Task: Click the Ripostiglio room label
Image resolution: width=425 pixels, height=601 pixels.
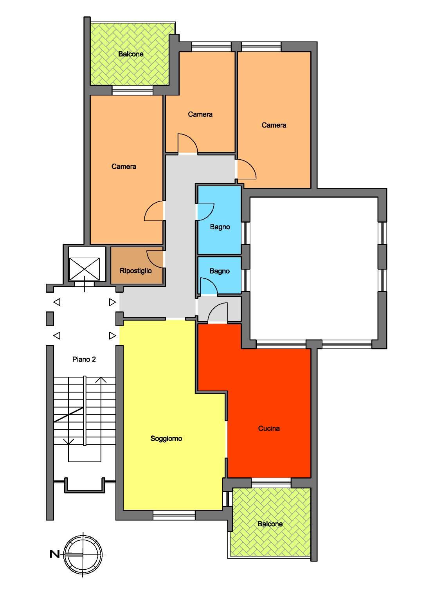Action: (x=135, y=271)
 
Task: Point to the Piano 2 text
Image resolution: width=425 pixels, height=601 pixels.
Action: (x=84, y=359)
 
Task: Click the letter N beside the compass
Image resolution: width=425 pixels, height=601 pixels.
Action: (x=54, y=554)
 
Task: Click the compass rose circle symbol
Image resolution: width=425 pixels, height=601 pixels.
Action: (x=83, y=554)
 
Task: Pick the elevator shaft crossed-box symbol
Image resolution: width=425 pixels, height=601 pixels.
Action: (x=84, y=269)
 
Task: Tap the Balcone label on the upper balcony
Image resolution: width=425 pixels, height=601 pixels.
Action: (x=131, y=54)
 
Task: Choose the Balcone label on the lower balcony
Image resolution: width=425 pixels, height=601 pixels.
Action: (x=270, y=524)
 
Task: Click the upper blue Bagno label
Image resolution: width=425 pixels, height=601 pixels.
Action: (x=220, y=227)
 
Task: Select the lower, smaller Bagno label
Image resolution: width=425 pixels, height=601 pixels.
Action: (x=220, y=271)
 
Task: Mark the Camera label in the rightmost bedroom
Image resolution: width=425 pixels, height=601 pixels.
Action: (x=274, y=125)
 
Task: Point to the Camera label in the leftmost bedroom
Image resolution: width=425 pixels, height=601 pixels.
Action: (x=124, y=167)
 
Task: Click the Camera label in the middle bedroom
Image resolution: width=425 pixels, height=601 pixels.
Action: (x=200, y=114)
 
